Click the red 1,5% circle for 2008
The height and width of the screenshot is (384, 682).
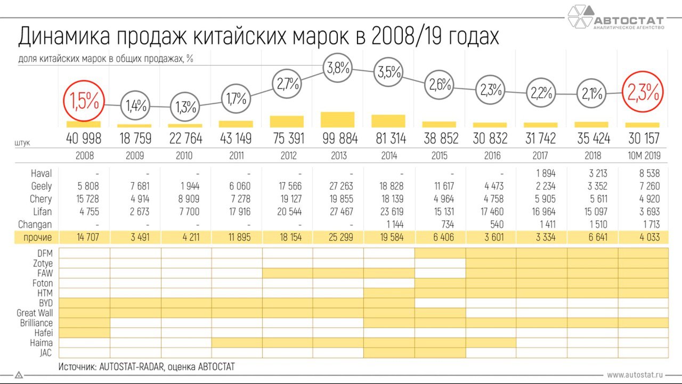pyautogui.click(x=84, y=101)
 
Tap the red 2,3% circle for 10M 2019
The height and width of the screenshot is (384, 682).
pyautogui.click(x=644, y=93)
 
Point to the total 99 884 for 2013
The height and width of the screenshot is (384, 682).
pyautogui.click(x=338, y=138)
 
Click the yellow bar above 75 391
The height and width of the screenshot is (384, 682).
pyautogui.click(x=287, y=121)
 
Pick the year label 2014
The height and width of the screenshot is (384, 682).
pyautogui.click(x=389, y=156)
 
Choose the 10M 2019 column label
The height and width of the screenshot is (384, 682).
pyautogui.click(x=644, y=156)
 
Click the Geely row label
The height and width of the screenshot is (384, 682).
pyautogui.click(x=42, y=186)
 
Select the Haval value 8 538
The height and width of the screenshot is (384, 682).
pyautogui.click(x=644, y=173)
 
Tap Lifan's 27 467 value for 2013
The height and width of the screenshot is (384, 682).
pyautogui.click(x=338, y=211)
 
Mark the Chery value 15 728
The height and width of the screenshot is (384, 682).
pyautogui.click(x=84, y=199)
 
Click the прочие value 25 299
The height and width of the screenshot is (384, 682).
pyautogui.click(x=338, y=237)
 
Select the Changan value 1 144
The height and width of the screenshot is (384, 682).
pyautogui.click(x=389, y=224)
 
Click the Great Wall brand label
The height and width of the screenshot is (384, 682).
pyautogui.click(x=35, y=313)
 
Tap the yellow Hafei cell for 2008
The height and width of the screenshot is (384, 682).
pyautogui.click(x=84, y=333)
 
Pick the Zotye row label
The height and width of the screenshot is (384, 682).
pyautogui.click(x=42, y=263)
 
